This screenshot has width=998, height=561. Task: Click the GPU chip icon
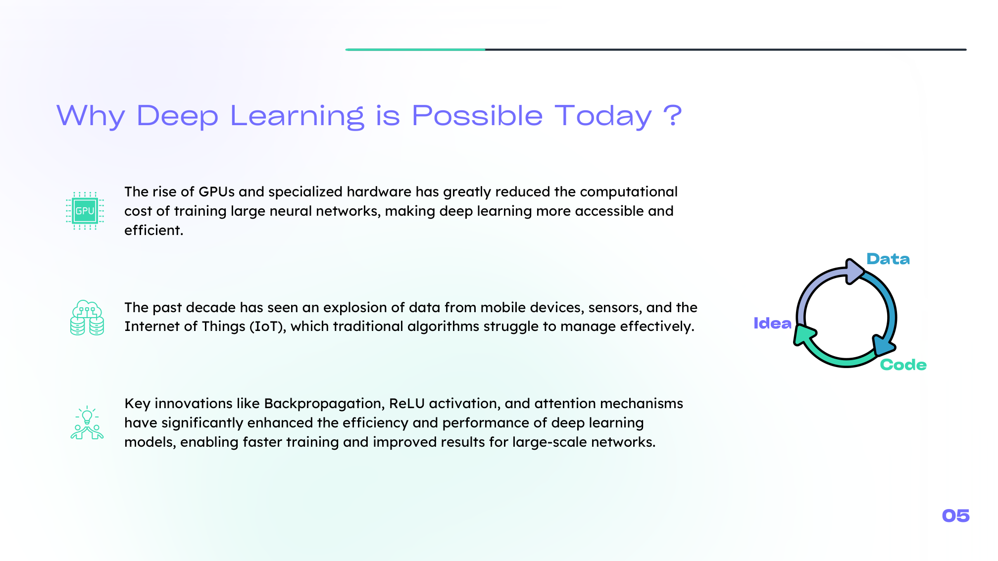85,211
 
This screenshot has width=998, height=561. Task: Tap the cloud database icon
87,318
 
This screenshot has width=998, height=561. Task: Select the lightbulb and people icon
87,423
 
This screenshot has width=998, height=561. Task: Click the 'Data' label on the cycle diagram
888,259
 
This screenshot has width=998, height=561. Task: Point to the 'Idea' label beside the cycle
772,324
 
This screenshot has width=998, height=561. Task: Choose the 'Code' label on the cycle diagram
903,365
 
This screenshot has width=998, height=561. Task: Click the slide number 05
955,516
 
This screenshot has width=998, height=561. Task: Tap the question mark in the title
672,115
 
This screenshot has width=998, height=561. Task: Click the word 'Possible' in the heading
477,116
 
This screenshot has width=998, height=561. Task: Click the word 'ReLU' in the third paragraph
407,404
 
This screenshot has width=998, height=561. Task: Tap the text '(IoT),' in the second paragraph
268,327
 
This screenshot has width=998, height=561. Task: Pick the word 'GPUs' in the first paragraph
216,192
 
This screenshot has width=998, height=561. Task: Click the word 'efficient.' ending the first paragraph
153,231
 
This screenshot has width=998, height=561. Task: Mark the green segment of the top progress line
415,49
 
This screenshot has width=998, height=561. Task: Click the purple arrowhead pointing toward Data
855,271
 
